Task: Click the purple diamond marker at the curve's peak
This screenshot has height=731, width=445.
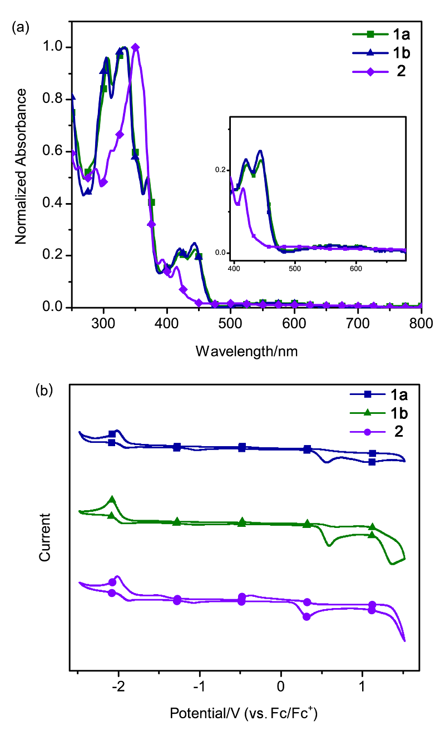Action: click(x=135, y=47)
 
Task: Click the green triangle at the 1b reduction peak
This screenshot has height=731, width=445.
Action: click(x=112, y=500)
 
